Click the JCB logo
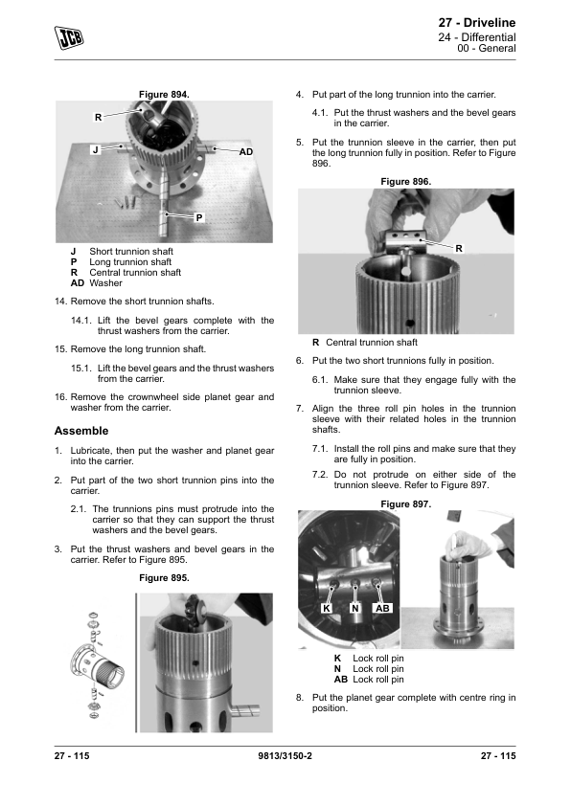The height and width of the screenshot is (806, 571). point(69,37)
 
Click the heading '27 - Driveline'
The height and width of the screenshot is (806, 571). point(477,23)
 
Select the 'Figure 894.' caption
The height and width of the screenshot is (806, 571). point(164,95)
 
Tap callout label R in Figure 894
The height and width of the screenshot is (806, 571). point(98,117)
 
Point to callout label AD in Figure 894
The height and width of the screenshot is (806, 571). point(246,151)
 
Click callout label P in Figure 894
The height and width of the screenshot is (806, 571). point(199,218)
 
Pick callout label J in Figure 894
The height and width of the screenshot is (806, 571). point(95,150)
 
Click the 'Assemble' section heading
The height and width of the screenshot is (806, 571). point(81,431)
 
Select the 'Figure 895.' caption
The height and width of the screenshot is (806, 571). point(164,578)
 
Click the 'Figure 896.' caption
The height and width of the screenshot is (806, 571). point(406,182)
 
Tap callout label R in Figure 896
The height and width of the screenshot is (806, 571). point(459,248)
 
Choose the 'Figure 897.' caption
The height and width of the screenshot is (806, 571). point(406,504)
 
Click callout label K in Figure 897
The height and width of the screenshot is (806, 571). point(326,609)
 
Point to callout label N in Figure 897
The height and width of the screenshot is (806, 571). point(354,609)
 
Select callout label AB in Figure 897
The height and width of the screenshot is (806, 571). point(382,609)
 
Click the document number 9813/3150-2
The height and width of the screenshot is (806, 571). point(285,755)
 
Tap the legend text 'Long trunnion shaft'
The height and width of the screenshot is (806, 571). point(130,262)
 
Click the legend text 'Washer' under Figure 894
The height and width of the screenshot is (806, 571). point(106,283)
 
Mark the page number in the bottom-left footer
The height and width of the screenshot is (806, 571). point(72,755)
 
